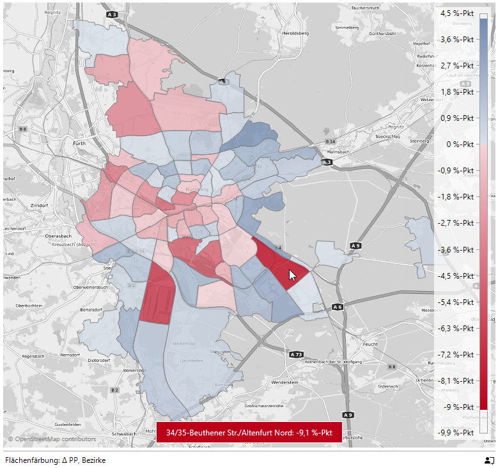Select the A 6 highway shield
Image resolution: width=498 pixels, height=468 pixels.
[x=337, y=308]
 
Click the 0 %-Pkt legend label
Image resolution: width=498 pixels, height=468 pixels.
[x=459, y=144]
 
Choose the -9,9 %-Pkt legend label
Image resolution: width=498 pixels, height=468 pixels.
[x=455, y=433]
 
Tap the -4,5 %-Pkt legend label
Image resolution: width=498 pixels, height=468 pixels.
[x=455, y=276]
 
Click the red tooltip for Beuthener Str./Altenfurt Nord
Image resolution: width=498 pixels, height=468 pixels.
[x=249, y=432]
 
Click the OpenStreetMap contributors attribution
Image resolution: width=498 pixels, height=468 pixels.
[x=52, y=439]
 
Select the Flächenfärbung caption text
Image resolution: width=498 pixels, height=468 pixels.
[x=55, y=460]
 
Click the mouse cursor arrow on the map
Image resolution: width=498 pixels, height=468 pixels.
[x=292, y=275]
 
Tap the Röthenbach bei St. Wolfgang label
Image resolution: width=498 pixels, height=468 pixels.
[x=329, y=362]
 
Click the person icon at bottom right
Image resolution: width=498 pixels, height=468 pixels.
[x=489, y=460]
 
